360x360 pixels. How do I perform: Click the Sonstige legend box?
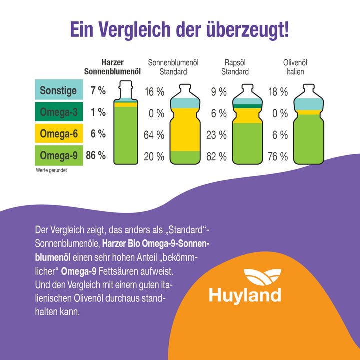[58, 91]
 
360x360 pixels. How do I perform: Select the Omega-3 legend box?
[58, 112]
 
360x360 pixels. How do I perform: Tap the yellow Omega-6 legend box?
[58, 134]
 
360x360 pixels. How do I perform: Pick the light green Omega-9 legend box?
[58, 156]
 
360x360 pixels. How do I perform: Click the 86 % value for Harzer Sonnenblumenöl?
[96, 156]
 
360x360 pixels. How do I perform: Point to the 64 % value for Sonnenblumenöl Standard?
[154, 135]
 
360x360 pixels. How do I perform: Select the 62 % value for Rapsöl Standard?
[216, 157]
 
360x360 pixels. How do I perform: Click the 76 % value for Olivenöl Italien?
[278, 157]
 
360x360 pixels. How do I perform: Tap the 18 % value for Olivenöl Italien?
[278, 92]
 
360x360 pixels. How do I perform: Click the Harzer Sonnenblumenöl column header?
[112, 67]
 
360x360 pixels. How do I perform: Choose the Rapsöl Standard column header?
[235, 67]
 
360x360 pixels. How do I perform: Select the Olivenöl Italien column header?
[294, 67]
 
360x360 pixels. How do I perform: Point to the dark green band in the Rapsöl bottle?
[247, 106]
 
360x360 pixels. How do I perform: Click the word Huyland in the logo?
[245, 295]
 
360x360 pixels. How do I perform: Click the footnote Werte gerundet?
[52, 170]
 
